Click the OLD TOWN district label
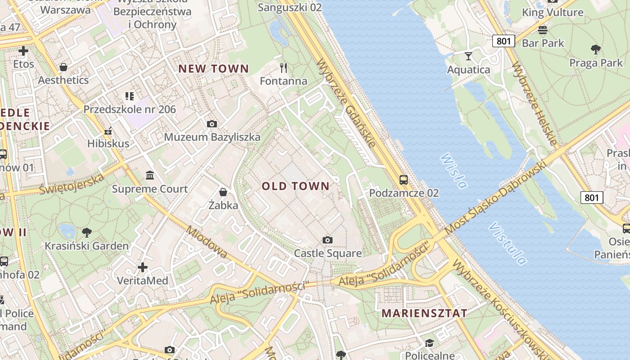pyautogui.click(x=296, y=186)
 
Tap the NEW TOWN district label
pyautogui.click(x=214, y=68)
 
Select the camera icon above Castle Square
pyautogui.click(x=328, y=240)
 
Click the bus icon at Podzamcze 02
pyautogui.click(x=404, y=180)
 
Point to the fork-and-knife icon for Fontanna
pyautogui.click(x=283, y=68)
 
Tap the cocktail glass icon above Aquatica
pyautogui.click(x=468, y=56)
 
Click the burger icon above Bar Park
pyautogui.click(x=543, y=30)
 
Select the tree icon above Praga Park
pyautogui.click(x=596, y=49)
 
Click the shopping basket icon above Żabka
pyautogui.click(x=223, y=193)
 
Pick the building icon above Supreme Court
pyautogui.click(x=150, y=175)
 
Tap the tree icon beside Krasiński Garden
pyautogui.click(x=86, y=233)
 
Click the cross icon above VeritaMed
pyautogui.click(x=143, y=268)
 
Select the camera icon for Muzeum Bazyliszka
pyautogui.click(x=211, y=124)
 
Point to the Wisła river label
pyautogui.click(x=454, y=171)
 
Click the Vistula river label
pyautogui.click(x=508, y=243)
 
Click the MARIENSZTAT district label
pyautogui.click(x=424, y=313)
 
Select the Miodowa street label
pyautogui.click(x=207, y=242)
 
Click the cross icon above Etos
pyautogui.click(x=23, y=51)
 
